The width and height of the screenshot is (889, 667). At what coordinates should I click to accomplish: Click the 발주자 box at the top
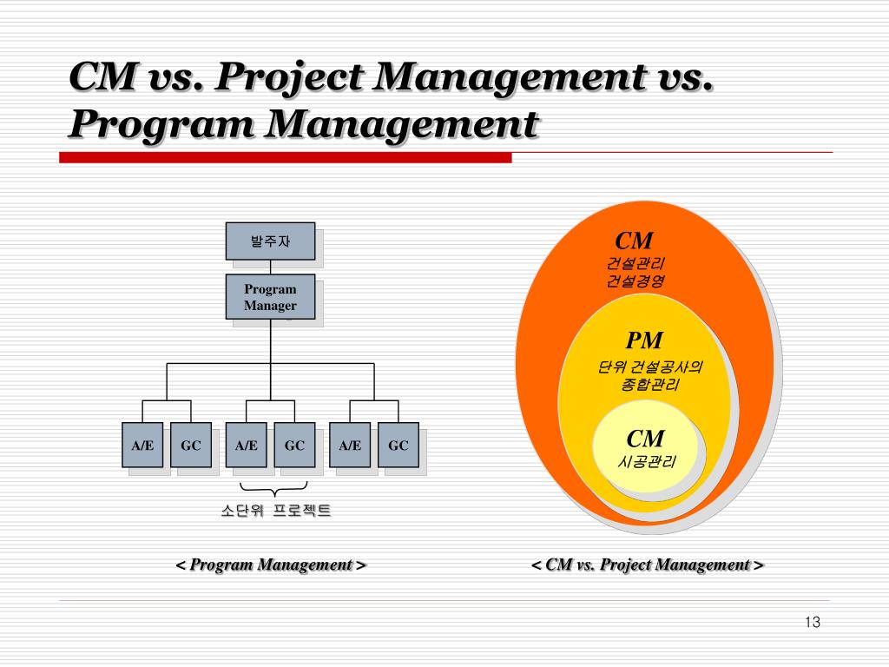pyautogui.click(x=270, y=241)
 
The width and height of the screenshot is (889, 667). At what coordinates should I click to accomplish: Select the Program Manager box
pyautogui.click(x=270, y=297)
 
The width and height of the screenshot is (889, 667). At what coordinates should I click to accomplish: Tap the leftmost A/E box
pyautogui.click(x=142, y=445)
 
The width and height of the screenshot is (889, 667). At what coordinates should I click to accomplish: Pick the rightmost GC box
pyautogui.click(x=398, y=445)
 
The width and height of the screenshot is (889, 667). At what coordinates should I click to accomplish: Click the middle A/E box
pyautogui.click(x=247, y=445)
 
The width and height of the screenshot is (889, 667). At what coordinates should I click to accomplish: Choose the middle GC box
pyautogui.click(x=294, y=445)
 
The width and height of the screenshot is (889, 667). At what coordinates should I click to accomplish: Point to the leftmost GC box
pyautogui.click(x=191, y=445)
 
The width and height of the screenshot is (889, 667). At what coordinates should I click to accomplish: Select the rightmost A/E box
pyautogui.click(x=350, y=445)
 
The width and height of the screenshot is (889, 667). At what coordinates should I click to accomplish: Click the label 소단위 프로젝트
pyautogui.click(x=275, y=511)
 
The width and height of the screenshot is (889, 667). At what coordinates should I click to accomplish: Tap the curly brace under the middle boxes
pyautogui.click(x=274, y=489)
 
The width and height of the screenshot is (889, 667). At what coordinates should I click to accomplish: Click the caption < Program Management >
pyautogui.click(x=271, y=565)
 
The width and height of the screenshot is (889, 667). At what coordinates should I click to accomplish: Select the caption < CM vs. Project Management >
pyautogui.click(x=648, y=565)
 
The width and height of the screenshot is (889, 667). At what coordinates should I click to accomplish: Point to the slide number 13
pyautogui.click(x=813, y=622)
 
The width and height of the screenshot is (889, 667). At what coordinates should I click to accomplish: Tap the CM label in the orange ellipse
pyautogui.click(x=634, y=241)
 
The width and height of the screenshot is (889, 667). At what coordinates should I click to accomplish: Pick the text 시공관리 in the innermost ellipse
pyautogui.click(x=646, y=462)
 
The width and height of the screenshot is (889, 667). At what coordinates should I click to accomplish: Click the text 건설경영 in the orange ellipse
pyautogui.click(x=635, y=281)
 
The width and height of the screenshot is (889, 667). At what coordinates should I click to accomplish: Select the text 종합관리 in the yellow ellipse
pyautogui.click(x=649, y=385)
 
